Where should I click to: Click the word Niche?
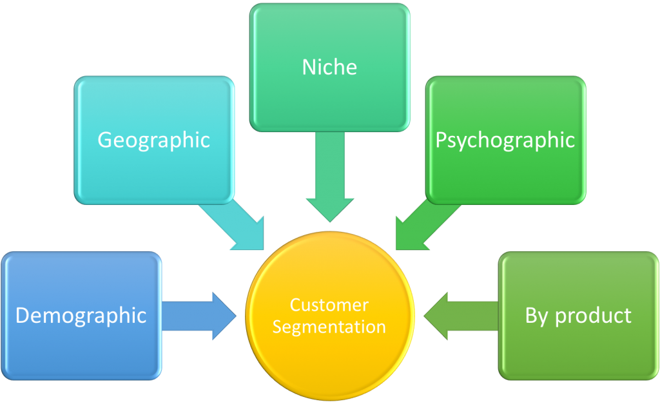(x=329, y=67)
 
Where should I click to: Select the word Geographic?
(x=153, y=140)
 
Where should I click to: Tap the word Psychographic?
(x=505, y=140)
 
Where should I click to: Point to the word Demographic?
(x=81, y=316)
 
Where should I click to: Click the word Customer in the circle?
(x=329, y=305)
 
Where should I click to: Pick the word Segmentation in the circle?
(x=329, y=327)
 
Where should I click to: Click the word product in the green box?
(x=593, y=316)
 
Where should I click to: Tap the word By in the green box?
(x=537, y=316)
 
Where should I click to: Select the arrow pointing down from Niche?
(x=330, y=177)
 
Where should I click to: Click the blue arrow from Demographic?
(x=199, y=316)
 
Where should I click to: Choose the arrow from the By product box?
(x=461, y=316)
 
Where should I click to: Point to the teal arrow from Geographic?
(x=236, y=225)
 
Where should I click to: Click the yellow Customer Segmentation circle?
(x=330, y=316)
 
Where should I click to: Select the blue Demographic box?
(x=81, y=316)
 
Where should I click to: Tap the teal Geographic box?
(x=154, y=140)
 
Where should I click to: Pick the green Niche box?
(x=329, y=67)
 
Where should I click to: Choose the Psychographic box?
(x=505, y=140)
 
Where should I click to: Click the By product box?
(x=578, y=316)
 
